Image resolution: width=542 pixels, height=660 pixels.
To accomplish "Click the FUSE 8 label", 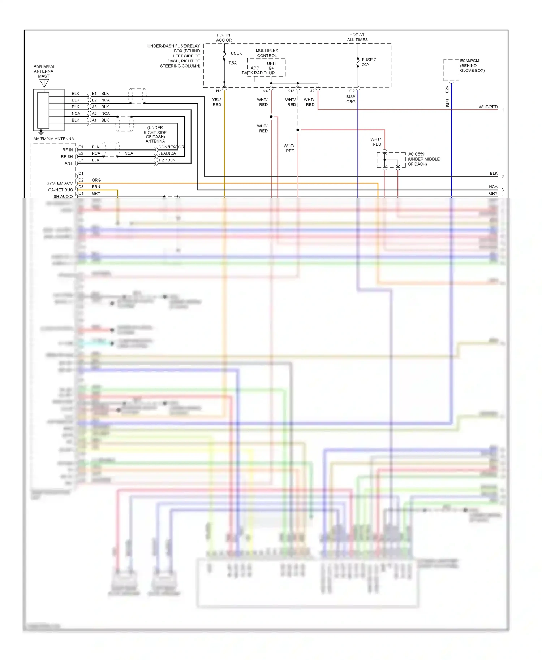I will coord(235,53).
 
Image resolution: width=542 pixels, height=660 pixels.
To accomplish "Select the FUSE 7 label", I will coord(369,60).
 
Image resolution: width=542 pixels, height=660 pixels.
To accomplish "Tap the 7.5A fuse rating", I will coord(232,63).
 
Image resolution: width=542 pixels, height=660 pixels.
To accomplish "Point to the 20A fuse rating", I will coord(365,65).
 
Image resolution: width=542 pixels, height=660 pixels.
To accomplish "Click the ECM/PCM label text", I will coord(469,61).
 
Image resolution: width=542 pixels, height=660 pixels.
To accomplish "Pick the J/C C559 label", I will coord(416,154).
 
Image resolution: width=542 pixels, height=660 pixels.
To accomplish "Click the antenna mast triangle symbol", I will coord(44,83).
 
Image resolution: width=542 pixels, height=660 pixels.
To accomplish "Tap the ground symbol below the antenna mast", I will coord(41,132).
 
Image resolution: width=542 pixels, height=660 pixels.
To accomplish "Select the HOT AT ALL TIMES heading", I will coord(357,38).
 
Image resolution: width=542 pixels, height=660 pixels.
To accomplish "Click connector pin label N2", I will coord(219,91).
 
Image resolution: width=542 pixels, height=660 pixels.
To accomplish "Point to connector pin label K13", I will coord(291,91).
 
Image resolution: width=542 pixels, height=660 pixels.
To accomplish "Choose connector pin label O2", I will coord(352,91).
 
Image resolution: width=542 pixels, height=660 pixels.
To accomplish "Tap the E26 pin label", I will coord(447,90).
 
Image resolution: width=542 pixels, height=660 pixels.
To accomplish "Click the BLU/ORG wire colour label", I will coord(350,99).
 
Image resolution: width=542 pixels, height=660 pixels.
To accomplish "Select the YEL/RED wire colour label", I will coord(217,102).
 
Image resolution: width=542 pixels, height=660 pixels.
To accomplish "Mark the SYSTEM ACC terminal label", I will coord(60,183).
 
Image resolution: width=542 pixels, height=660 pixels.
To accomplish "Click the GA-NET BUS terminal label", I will coord(60,190).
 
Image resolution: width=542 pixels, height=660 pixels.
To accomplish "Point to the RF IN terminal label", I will coord(68,150).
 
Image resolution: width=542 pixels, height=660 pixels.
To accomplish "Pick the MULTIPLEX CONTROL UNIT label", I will coord(267,53).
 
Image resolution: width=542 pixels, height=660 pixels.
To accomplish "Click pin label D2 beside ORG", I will coord(81,180).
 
